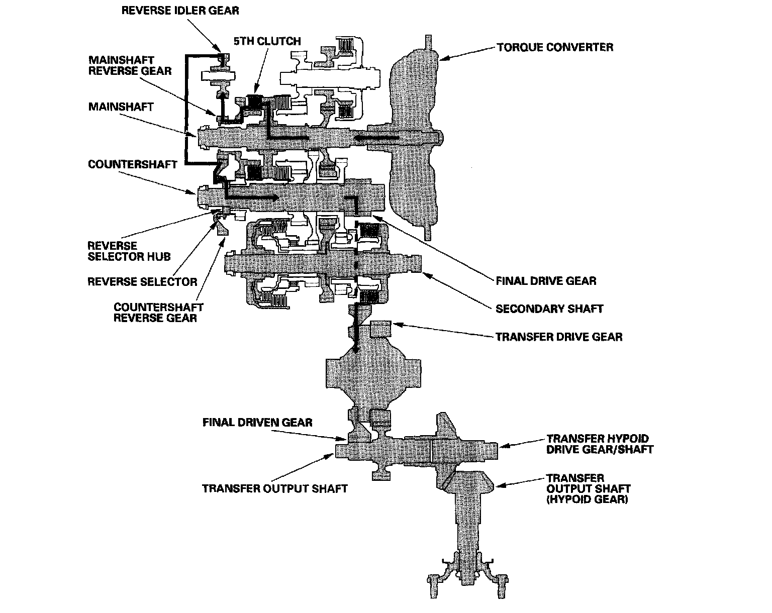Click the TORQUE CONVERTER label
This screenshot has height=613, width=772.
coord(555,48)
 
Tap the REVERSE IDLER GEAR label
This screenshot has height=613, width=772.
coord(181,10)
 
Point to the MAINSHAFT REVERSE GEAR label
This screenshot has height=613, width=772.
coord(130,65)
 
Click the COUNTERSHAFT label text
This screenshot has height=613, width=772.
coord(133,165)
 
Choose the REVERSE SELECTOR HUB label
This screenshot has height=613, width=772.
coord(129,251)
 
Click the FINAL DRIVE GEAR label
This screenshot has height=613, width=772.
coord(546,280)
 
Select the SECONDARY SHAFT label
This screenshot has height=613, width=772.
coord(549,309)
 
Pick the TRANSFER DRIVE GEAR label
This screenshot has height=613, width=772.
coord(559,337)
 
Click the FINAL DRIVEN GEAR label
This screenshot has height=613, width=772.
coord(257,422)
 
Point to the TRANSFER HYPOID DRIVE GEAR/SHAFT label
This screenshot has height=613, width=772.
coord(600,444)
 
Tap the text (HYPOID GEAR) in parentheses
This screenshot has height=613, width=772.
coord(587,500)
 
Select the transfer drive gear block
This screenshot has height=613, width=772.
coord(380,330)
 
